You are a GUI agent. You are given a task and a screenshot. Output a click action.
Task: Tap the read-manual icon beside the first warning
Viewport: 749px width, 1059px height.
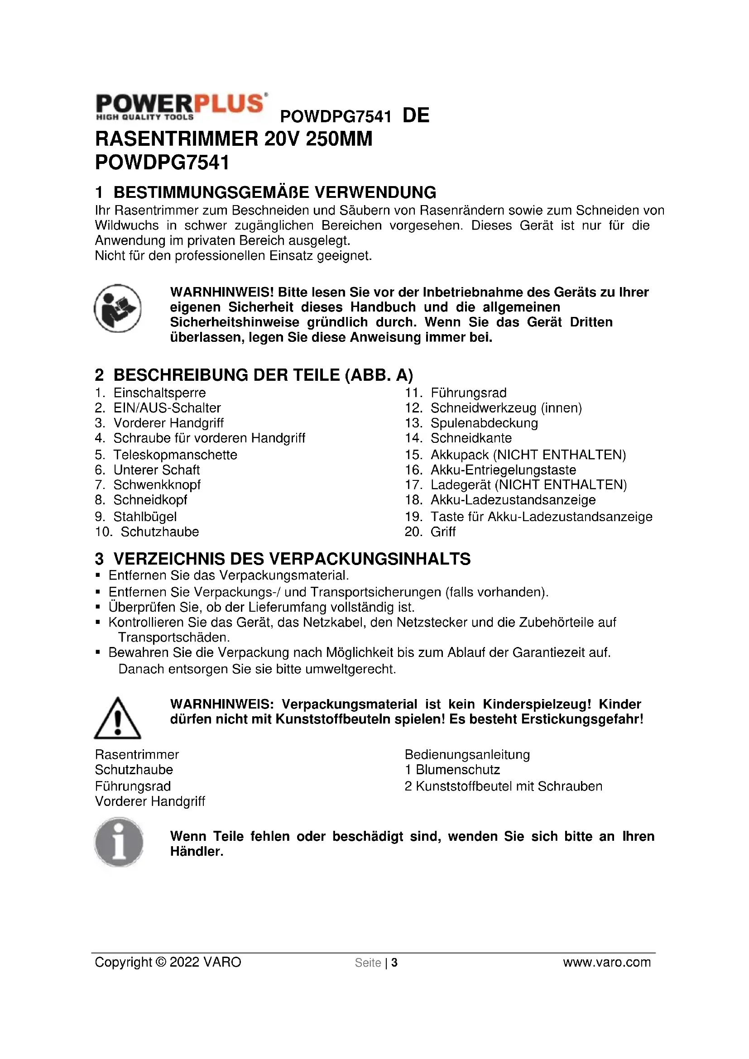pos(118,309)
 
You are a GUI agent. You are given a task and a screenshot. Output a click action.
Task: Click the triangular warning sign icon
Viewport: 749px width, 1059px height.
pos(118,718)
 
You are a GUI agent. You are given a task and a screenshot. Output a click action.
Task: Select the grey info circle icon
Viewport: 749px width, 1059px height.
pos(119,842)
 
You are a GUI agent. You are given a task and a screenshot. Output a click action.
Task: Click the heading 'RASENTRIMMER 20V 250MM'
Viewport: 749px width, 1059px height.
pos(233,139)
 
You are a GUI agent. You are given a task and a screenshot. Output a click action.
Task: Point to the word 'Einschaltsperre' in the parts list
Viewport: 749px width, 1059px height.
pos(159,393)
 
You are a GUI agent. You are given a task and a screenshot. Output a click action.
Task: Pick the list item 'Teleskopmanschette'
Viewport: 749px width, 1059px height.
pos(175,455)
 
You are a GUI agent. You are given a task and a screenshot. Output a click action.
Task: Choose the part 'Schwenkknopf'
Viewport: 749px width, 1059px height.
pos(157,485)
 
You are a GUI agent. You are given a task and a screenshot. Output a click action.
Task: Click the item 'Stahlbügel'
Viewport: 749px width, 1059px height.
pos(145,517)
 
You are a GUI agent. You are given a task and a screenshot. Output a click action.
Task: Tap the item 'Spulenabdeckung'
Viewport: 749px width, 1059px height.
pos(484,423)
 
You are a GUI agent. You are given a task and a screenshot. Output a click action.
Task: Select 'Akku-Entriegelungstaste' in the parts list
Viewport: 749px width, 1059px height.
pos(503,470)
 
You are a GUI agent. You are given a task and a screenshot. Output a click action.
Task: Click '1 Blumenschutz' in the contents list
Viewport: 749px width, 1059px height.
pos(452,770)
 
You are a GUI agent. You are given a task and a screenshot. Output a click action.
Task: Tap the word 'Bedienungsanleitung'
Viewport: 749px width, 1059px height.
pos(467,755)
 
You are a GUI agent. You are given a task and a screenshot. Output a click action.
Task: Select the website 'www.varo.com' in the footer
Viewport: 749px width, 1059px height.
pos(606,962)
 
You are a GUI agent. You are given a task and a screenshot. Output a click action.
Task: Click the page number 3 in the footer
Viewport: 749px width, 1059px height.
pos(394,963)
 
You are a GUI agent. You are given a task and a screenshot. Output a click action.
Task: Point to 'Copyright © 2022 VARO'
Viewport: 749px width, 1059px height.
pos(168,962)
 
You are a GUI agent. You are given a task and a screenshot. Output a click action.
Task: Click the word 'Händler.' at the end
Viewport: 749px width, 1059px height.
pos(197,852)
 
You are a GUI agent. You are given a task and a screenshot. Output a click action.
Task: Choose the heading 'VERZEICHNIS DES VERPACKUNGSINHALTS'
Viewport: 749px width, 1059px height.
pos(292,559)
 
